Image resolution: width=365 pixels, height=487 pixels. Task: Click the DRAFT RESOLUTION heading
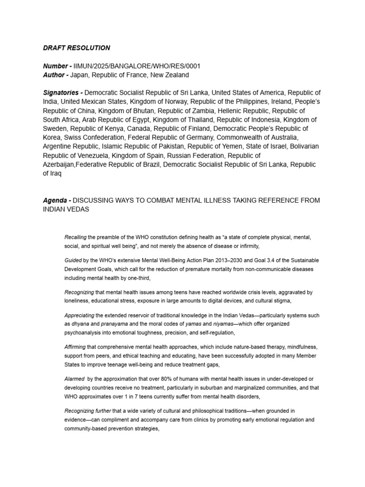[x=77, y=48]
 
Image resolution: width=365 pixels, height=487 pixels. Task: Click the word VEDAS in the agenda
[x=78, y=209]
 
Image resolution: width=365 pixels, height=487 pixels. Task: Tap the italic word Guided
[x=73, y=261]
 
